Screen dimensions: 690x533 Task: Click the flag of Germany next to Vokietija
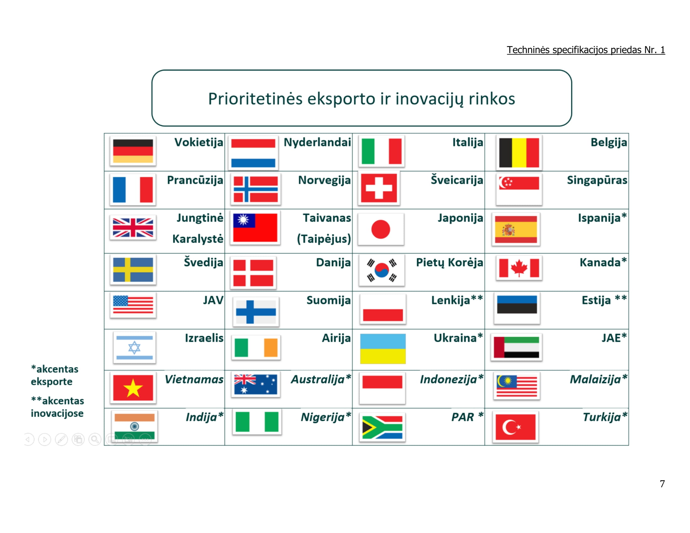tap(133, 151)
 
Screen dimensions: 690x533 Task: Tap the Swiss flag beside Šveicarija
tap(379, 188)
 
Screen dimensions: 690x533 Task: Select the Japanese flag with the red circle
tap(381, 229)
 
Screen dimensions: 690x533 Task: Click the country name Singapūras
tap(597, 180)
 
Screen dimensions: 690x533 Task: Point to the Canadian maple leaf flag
tap(519, 268)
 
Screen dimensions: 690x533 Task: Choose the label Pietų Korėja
tap(449, 262)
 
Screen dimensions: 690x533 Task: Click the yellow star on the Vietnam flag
tap(133, 388)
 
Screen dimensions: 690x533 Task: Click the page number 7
tap(662, 484)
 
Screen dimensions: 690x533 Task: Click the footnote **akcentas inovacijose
tap(57, 407)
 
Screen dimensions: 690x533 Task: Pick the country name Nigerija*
tap(326, 417)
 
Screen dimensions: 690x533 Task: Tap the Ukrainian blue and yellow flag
tap(383, 349)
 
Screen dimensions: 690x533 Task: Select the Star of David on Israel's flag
tap(134, 348)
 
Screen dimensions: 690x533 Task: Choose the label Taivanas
tap(327, 218)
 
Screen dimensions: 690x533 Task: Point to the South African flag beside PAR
tap(382, 427)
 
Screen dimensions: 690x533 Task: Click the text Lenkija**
tap(457, 300)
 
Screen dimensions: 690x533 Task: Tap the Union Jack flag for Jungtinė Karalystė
tap(133, 228)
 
